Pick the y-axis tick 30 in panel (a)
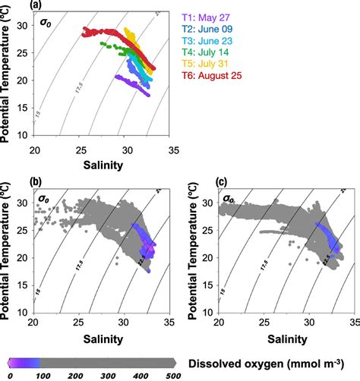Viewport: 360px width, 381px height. [x=24, y=25]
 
